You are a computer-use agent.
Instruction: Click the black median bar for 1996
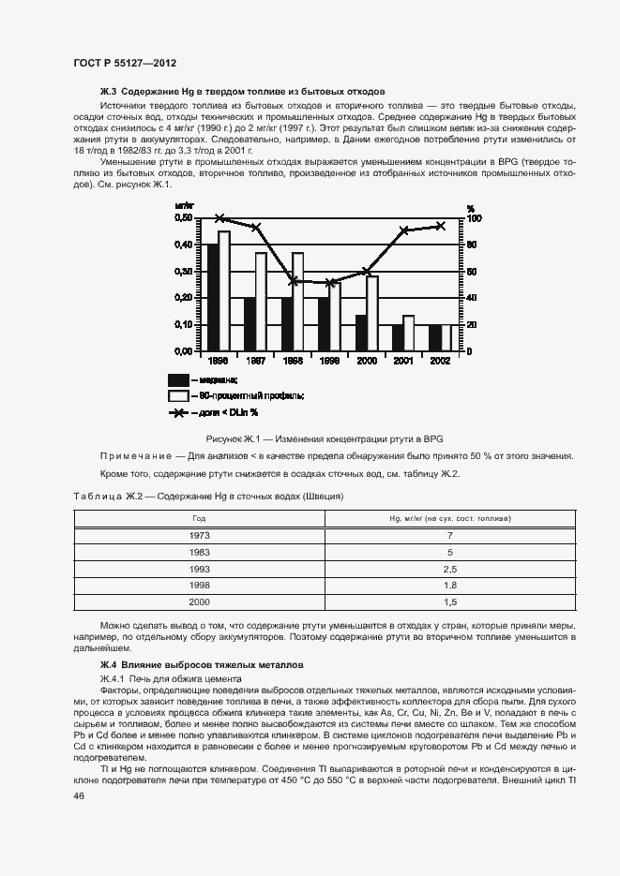click(213, 297)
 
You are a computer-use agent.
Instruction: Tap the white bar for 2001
click(408, 333)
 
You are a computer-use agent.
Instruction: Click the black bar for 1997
click(250, 324)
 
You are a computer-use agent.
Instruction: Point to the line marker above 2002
click(441, 226)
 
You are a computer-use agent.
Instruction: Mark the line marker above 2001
click(404, 230)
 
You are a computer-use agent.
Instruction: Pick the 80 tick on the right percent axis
click(472, 245)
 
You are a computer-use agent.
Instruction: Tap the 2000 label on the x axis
click(367, 360)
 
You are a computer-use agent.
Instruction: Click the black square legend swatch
click(178, 379)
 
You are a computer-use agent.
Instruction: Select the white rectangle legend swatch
click(178, 395)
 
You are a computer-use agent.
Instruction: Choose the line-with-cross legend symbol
click(178, 412)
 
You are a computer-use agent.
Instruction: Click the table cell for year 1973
click(200, 535)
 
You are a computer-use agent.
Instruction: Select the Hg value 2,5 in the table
click(449, 569)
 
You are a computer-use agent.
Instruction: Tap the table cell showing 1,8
click(449, 586)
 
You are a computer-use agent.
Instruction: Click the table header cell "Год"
click(200, 518)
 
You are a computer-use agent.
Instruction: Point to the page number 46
click(79, 795)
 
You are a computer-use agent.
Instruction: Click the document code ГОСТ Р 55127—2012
click(124, 62)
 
